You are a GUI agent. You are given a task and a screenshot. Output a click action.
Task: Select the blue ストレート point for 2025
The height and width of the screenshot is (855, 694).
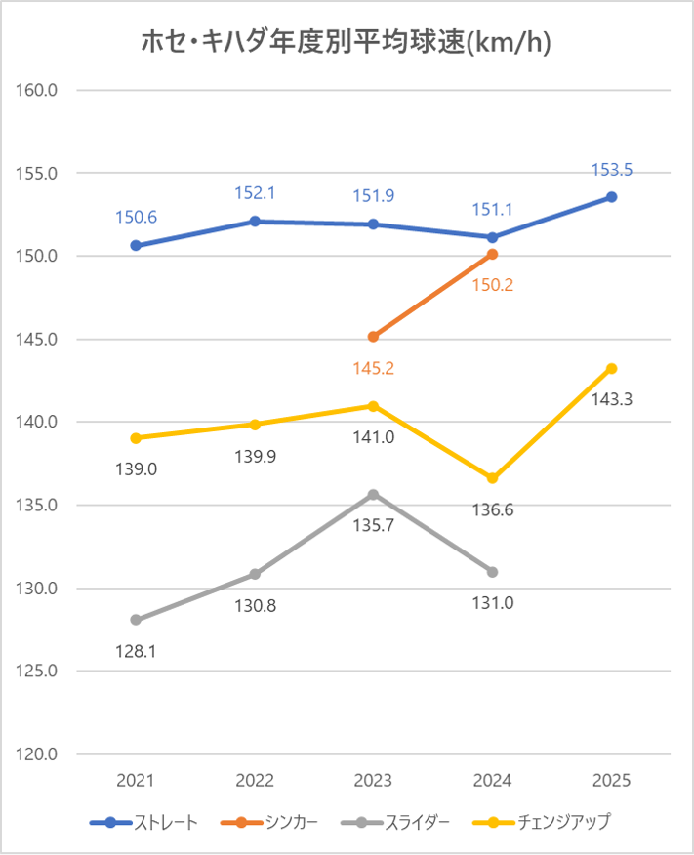click(x=611, y=197)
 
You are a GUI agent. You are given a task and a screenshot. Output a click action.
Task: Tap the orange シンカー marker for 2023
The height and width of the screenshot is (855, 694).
click(x=373, y=337)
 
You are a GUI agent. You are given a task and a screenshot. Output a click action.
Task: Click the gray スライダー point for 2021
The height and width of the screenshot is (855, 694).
click(x=136, y=620)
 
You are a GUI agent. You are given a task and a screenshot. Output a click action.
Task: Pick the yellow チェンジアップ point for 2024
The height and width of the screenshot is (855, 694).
click(x=492, y=478)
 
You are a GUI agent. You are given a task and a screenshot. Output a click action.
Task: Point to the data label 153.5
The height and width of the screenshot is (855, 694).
click(x=611, y=170)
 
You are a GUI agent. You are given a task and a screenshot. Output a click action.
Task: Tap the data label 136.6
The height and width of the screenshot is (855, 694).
click(x=492, y=509)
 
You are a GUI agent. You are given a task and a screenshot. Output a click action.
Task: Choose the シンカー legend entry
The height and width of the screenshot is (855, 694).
click(x=274, y=822)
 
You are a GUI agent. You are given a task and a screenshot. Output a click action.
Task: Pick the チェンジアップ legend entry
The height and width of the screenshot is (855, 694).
click(x=548, y=822)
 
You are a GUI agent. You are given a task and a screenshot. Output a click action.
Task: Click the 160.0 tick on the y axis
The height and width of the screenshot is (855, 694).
click(x=39, y=90)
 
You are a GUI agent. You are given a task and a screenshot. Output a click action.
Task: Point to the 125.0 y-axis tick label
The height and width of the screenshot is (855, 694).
click(x=39, y=672)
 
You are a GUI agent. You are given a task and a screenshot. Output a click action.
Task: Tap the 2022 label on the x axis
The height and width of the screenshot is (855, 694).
click(x=254, y=781)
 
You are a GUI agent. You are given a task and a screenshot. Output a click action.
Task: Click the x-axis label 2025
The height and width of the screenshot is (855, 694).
click(x=611, y=781)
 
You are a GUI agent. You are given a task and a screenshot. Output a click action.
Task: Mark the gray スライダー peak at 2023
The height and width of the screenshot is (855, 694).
click(x=373, y=495)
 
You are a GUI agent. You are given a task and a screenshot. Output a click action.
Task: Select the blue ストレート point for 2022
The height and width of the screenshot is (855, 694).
click(x=254, y=222)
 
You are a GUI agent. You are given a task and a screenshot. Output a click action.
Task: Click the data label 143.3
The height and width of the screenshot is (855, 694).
click(x=611, y=399)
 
